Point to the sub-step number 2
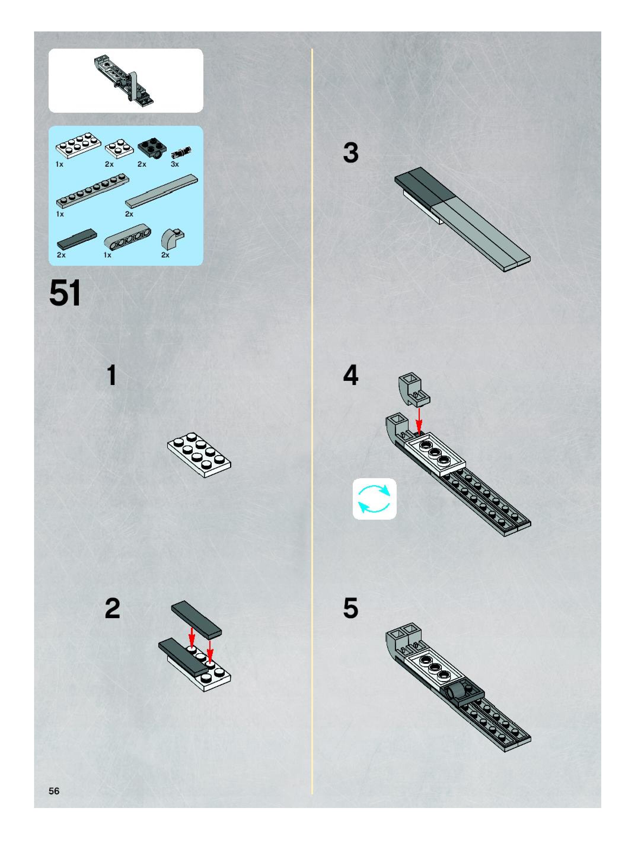[112, 609]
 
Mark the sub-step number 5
[351, 609]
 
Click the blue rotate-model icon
[374, 499]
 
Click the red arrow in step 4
[419, 422]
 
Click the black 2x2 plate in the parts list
[151, 149]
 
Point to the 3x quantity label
[175, 164]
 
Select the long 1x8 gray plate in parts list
[92, 190]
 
